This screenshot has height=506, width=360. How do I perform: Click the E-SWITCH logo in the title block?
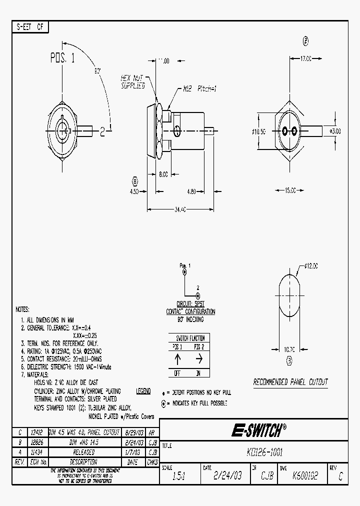pos(258,430)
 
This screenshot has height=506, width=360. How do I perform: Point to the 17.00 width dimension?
pos(305,58)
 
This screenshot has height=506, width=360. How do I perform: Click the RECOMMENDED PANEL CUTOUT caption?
pos(290,382)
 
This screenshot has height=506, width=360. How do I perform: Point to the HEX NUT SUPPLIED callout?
pos(132,82)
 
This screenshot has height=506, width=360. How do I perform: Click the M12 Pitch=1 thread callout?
pos(199,89)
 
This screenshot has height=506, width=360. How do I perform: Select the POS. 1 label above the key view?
pos(62,58)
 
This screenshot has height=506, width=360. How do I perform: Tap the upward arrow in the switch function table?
pos(177,359)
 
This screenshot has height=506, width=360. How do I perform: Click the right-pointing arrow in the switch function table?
pos(199,359)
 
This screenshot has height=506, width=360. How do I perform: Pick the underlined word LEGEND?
pos(143,391)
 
